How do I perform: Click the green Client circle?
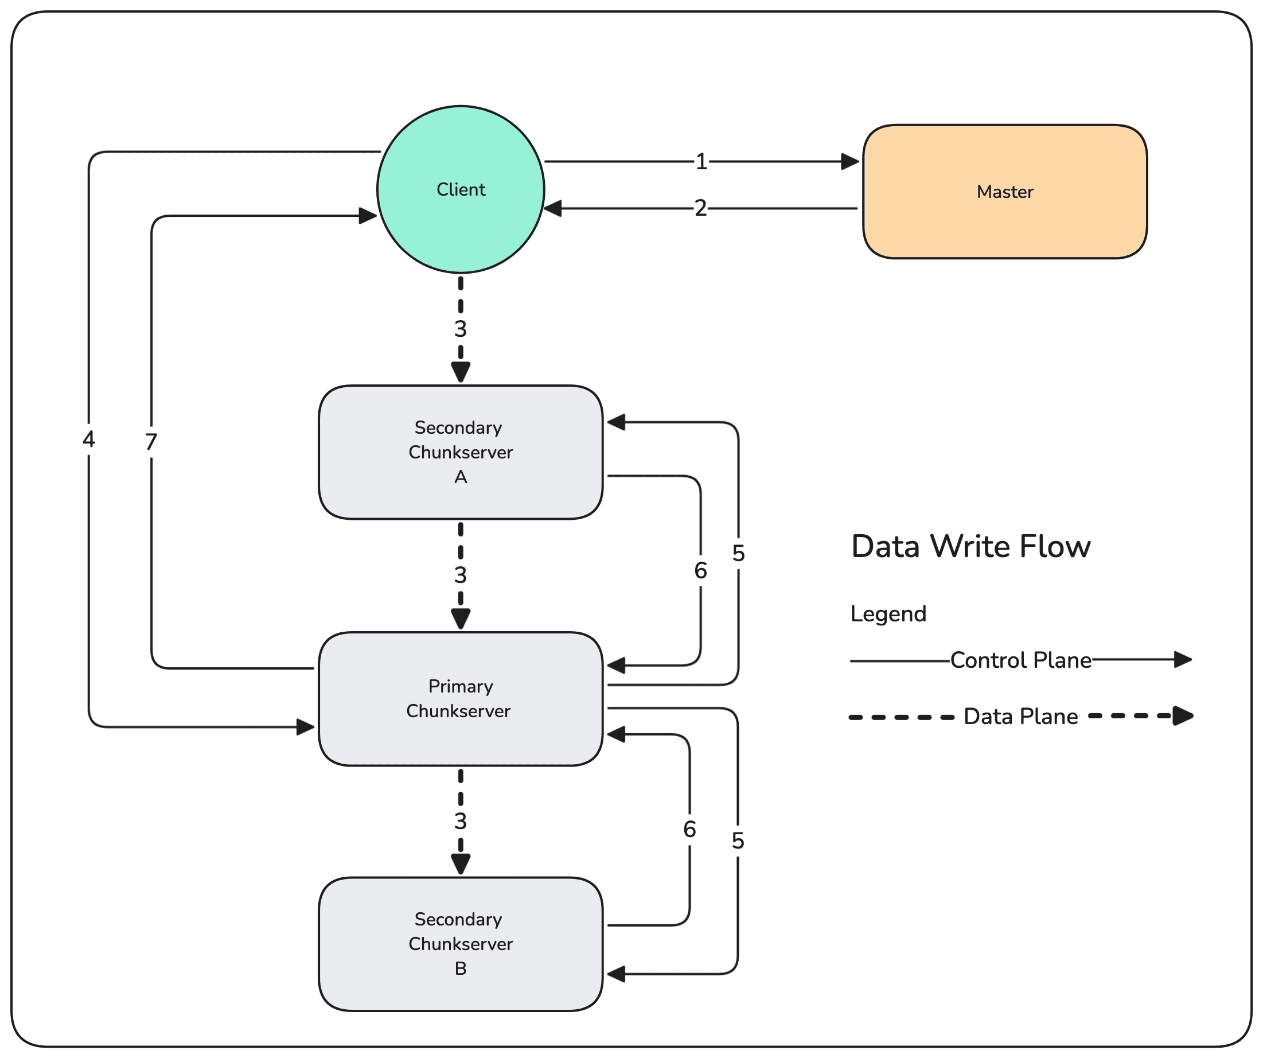click(x=461, y=189)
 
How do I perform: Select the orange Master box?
click(x=1004, y=192)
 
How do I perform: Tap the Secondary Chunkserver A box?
click(x=461, y=452)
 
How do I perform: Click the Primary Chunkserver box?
click(x=461, y=699)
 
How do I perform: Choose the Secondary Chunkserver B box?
click(x=461, y=944)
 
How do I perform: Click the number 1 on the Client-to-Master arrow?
click(x=701, y=162)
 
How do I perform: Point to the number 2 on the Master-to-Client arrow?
click(x=701, y=208)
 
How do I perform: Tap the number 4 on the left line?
click(x=89, y=439)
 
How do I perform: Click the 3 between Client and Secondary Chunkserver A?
click(x=461, y=329)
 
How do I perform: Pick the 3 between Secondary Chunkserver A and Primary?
click(x=461, y=575)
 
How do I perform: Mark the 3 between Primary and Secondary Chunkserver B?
click(x=461, y=821)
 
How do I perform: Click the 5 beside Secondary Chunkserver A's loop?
click(x=739, y=553)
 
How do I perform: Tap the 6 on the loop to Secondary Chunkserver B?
click(x=690, y=830)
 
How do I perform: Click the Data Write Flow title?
click(x=970, y=547)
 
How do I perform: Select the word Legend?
click(x=888, y=614)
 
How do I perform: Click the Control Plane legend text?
click(x=1020, y=660)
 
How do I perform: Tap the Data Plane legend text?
click(x=1020, y=717)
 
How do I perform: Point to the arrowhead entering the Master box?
click(x=851, y=161)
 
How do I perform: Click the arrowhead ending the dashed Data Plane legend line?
click(x=1183, y=716)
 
